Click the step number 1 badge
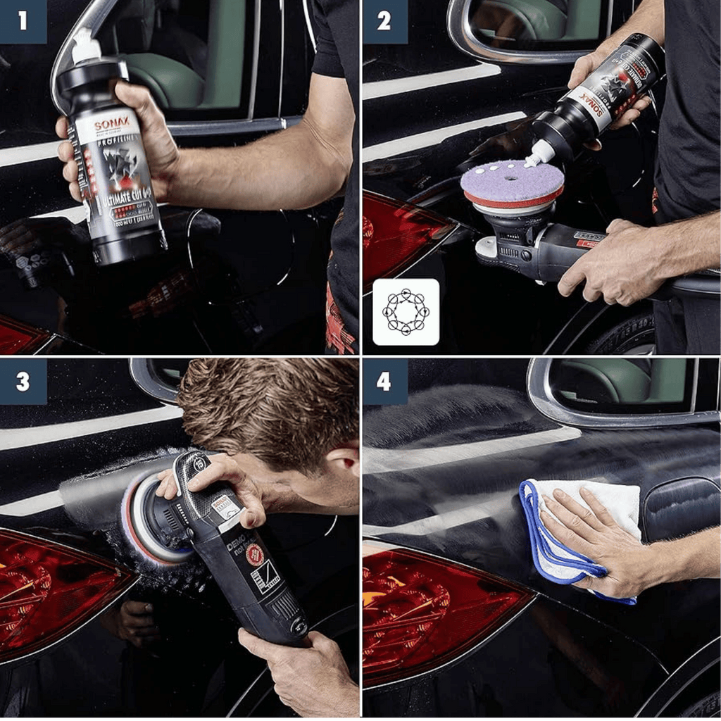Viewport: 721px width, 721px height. [23, 22]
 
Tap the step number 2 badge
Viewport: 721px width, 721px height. [384, 22]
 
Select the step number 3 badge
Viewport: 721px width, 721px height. [23, 382]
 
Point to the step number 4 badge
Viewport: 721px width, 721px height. [384, 382]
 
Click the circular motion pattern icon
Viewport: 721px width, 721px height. [406, 311]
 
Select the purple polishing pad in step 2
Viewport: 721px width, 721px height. [512, 180]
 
